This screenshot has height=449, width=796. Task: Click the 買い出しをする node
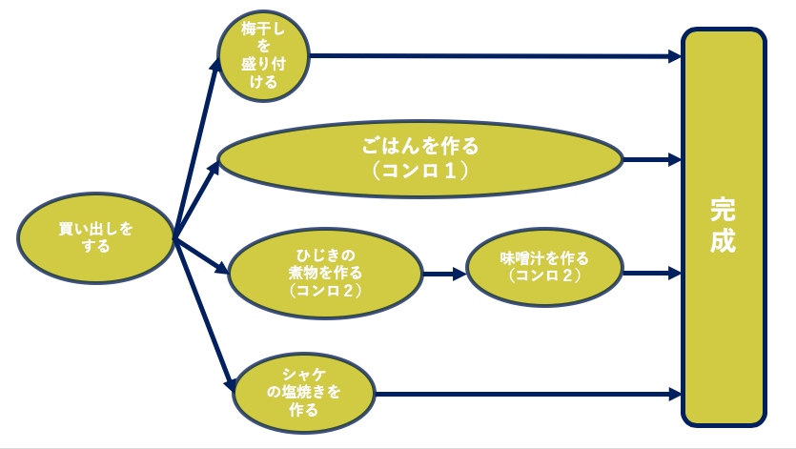coord(96,236)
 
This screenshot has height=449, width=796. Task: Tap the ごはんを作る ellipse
coord(420,158)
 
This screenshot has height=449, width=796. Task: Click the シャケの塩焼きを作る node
coord(302,392)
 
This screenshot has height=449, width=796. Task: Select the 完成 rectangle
coord(724,226)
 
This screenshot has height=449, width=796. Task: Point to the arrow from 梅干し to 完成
coord(496,56)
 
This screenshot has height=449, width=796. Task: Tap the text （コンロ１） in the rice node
coord(420,173)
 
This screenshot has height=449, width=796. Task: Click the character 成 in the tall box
coord(723,241)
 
